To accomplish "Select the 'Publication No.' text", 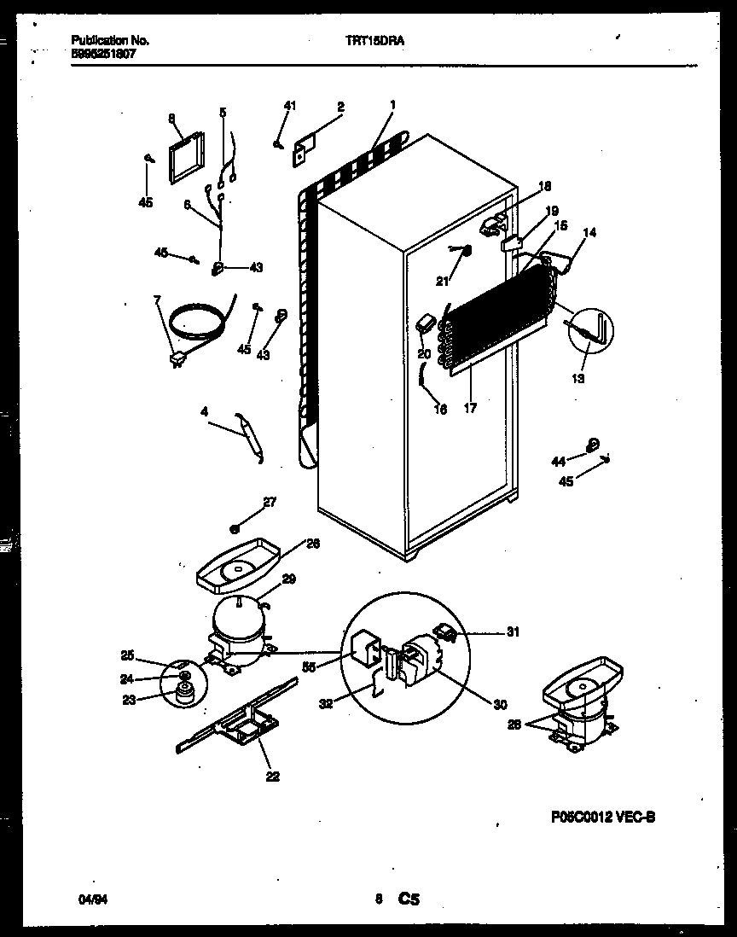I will tap(99, 40).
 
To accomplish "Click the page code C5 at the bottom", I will tap(409, 899).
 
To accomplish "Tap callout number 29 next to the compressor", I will tap(289, 579).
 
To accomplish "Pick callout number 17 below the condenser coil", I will tap(469, 409).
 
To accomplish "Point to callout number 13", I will tap(578, 378).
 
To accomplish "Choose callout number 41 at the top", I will tap(290, 106).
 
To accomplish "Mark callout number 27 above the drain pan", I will tap(270, 503).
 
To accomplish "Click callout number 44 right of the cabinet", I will tap(558, 461).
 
